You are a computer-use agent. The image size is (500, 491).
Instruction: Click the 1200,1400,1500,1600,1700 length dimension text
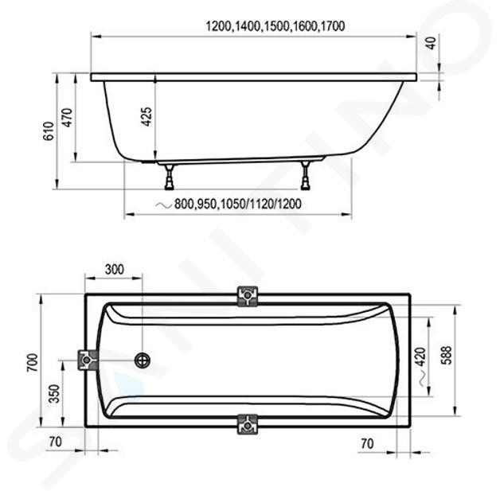click(275, 25)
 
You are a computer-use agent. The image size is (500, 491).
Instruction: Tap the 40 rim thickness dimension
click(431, 43)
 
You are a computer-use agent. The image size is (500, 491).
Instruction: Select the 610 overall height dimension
click(49, 131)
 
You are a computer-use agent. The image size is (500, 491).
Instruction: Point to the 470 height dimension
click(68, 118)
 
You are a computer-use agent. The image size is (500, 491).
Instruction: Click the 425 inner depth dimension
click(146, 116)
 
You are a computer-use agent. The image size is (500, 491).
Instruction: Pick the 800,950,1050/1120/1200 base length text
click(237, 204)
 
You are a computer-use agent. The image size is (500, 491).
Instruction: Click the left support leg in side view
click(170, 177)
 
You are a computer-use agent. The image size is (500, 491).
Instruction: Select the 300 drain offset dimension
click(115, 270)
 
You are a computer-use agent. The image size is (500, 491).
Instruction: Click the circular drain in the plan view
click(143, 360)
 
